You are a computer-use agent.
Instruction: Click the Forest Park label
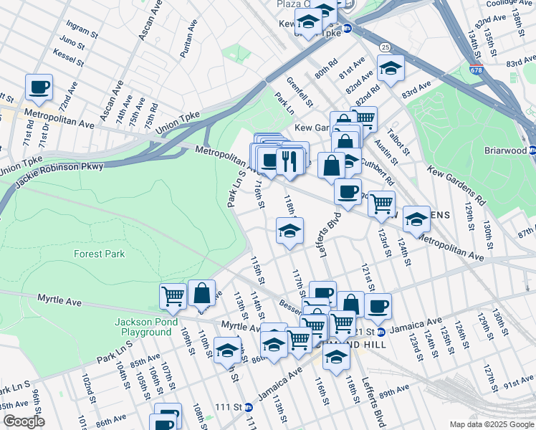(x=99, y=254)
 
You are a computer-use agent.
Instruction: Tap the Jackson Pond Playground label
(x=143, y=327)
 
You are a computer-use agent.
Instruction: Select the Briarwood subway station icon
(x=532, y=150)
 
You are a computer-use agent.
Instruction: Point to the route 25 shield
(x=386, y=47)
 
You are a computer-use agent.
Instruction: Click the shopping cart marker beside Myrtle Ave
(x=173, y=295)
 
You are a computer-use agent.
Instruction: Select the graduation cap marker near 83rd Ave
(x=391, y=69)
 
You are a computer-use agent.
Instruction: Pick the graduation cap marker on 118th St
(x=290, y=231)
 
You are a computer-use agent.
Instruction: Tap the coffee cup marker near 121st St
(x=378, y=306)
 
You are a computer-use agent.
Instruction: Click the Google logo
(x=24, y=421)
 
